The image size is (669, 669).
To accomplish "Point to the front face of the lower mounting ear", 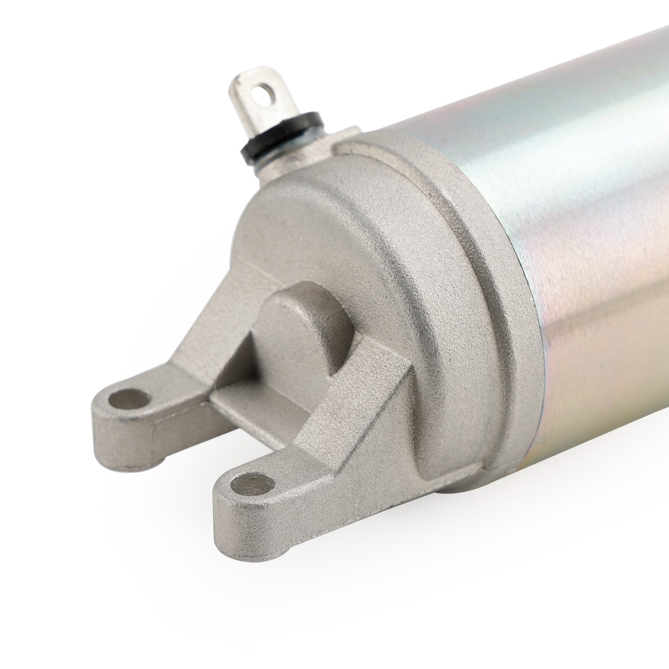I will (251, 523).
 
